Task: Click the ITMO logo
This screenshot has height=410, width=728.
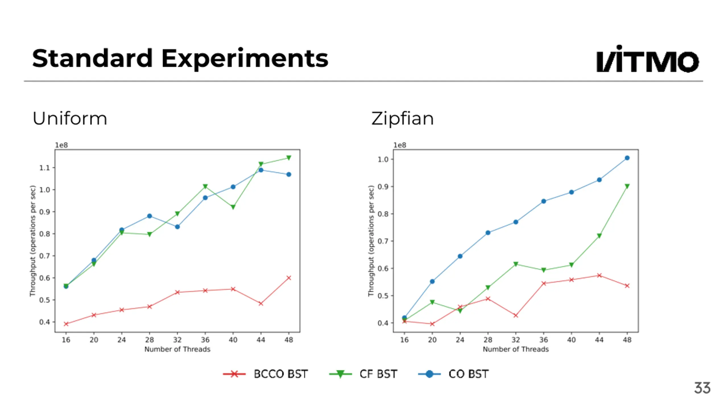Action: point(647,59)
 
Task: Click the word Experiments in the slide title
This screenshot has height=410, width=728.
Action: point(245,59)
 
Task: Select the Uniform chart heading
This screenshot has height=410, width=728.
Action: point(70,118)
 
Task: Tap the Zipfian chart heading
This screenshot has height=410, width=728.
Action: point(402,118)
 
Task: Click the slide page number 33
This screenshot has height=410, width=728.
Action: point(702,388)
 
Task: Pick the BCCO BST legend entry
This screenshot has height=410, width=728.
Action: point(266,374)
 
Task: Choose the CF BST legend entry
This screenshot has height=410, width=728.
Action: point(363,374)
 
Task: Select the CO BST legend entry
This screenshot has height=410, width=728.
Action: point(453,374)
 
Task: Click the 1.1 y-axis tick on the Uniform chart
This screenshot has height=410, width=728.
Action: point(45,168)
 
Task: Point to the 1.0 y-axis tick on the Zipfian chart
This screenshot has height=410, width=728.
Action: point(383,159)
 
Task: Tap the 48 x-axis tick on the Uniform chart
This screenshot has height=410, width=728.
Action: point(289,340)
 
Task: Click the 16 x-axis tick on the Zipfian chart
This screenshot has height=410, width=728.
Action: point(404,340)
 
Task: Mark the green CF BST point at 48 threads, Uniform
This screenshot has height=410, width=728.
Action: point(289,158)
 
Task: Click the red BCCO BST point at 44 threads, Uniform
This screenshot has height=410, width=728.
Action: point(261,304)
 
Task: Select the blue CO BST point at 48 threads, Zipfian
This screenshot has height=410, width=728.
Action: point(627,158)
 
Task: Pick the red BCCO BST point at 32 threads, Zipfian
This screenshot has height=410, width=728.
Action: point(516,315)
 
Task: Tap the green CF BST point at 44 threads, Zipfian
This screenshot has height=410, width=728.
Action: point(599,236)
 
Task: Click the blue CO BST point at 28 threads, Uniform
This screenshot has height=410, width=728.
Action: point(150,216)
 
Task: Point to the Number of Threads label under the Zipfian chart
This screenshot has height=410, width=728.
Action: point(516,349)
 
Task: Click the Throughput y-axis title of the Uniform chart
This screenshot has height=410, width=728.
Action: point(33,241)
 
